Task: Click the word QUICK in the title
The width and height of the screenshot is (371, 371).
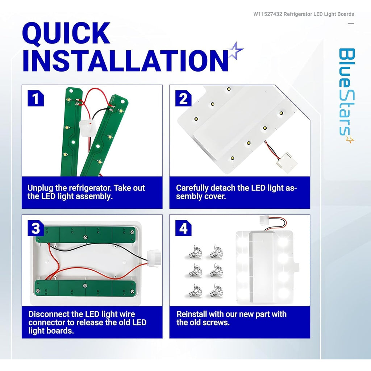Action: click(x=66, y=33)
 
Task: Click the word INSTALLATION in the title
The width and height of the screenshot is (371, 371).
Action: click(x=125, y=61)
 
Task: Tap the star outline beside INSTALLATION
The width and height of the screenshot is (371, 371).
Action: click(x=235, y=51)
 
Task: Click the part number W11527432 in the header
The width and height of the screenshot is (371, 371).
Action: click(x=268, y=14)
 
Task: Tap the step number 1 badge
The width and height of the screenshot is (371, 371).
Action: click(x=36, y=98)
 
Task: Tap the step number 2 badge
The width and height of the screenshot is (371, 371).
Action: click(x=183, y=98)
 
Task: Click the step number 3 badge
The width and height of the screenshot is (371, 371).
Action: click(x=36, y=228)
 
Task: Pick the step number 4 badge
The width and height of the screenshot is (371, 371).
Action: click(x=183, y=228)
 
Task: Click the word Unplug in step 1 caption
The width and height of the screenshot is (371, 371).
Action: click(x=40, y=188)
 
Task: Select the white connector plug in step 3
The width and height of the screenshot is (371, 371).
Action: click(x=154, y=258)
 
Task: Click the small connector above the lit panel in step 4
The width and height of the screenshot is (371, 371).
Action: click(x=264, y=221)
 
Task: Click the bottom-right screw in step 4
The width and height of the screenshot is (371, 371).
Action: click(x=216, y=291)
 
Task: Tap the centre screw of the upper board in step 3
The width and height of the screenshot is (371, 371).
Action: click(x=85, y=237)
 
